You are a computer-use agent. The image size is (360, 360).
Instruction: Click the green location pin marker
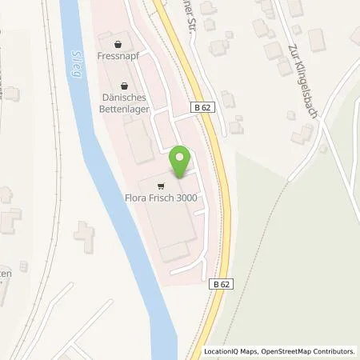[181, 162]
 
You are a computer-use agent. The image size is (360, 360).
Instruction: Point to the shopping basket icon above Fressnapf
[119, 44]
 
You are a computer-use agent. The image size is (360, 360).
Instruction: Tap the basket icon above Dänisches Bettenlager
[123, 85]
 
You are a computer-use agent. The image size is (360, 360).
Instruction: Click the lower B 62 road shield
[222, 282]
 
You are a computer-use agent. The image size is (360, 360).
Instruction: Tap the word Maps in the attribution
[250, 351]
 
